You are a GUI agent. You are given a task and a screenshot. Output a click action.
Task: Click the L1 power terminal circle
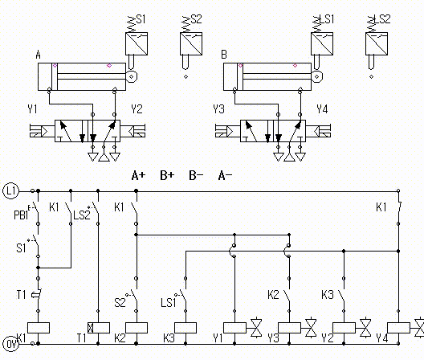(x=10, y=191)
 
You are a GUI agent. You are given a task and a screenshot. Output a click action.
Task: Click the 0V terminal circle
(x=10, y=344)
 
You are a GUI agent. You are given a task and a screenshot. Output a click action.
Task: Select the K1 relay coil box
(x=39, y=328)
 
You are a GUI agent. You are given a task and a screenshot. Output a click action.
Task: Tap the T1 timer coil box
(x=99, y=328)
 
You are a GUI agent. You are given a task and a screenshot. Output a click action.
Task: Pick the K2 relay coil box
(x=137, y=328)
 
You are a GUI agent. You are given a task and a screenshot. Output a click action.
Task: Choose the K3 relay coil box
(x=185, y=328)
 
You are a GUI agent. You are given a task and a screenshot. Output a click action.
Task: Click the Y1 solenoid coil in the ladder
(x=234, y=328)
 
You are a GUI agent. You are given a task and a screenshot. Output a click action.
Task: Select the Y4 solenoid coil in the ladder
(x=398, y=328)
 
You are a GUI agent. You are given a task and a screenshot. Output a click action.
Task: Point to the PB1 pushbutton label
(x=21, y=215)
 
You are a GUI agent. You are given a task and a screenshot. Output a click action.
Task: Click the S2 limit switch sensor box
(x=191, y=44)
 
